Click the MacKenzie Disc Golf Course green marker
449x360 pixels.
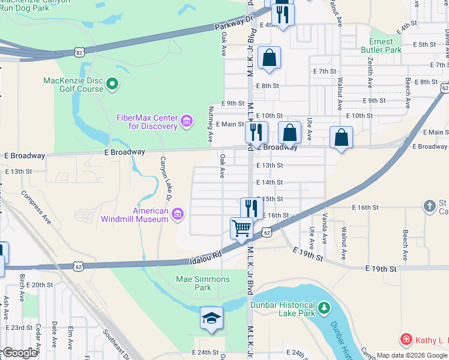click(x=113, y=85)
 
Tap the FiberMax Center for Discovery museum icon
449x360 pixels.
click(x=187, y=122)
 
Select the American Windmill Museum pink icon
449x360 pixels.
click(x=177, y=214)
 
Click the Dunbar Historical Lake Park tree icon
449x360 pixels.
click(x=324, y=308)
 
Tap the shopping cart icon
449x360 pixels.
click(x=241, y=227)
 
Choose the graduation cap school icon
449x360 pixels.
click(x=211, y=317)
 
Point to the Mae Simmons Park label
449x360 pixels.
click(x=202, y=283)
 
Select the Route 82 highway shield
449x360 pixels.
click(x=80, y=53)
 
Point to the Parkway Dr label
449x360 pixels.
click(x=235, y=25)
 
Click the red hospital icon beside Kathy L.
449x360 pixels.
click(x=406, y=340)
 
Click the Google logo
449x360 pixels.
click(x=19, y=353)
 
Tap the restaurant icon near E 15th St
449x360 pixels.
click(x=252, y=208)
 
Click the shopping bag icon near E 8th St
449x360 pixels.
click(x=270, y=58)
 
